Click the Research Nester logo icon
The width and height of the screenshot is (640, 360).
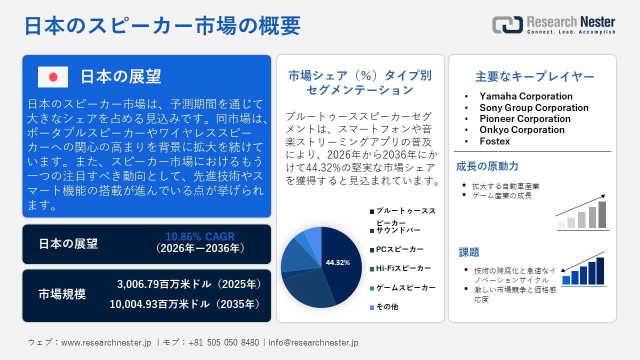click(507, 25)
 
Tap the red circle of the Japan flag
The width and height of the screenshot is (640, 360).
click(53, 77)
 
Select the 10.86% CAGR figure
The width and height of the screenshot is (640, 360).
click(200, 237)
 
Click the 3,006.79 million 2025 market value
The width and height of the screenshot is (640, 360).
click(189, 284)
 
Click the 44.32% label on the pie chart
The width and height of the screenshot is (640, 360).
click(337, 262)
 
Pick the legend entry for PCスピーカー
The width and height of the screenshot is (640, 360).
click(399, 249)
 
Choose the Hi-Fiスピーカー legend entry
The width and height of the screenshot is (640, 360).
click(403, 268)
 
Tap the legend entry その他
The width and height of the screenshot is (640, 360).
click(387, 306)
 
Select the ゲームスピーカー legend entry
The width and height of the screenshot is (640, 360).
click(405, 287)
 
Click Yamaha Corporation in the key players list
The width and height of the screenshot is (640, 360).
click(526, 96)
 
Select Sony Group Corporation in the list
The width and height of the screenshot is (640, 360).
click(534, 107)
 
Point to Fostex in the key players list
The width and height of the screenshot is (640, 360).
click(494, 141)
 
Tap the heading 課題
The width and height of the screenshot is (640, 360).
click(469, 252)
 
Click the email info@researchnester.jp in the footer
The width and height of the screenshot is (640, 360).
click(313, 342)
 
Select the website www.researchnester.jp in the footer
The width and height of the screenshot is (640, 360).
click(106, 342)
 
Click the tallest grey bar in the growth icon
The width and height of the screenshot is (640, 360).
click(602, 214)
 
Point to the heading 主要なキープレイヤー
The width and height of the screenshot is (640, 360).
click(534, 76)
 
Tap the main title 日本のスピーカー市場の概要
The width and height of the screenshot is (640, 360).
click(162, 25)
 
